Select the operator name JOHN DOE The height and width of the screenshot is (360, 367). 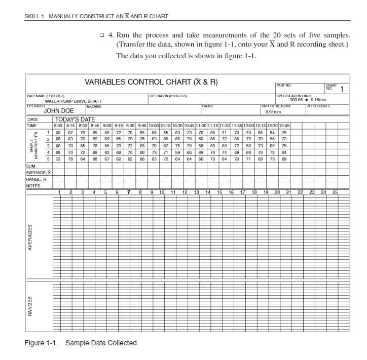point(59,110)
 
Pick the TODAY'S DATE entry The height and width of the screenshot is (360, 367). point(75,119)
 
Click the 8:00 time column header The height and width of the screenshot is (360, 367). point(58,125)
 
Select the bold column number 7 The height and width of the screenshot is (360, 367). point(129,192)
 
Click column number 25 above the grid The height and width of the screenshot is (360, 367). point(335,192)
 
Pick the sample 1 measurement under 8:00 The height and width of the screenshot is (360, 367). point(58,132)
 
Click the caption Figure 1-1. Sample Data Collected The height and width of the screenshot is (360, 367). point(81,343)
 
